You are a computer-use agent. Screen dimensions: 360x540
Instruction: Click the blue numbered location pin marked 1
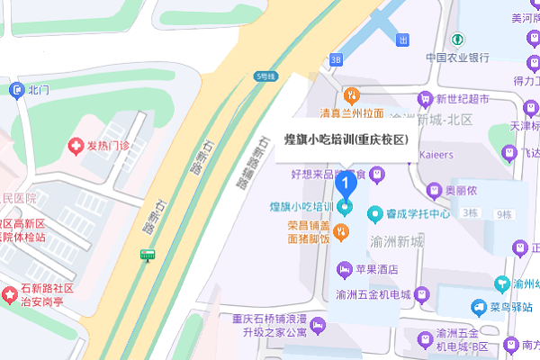[344, 183]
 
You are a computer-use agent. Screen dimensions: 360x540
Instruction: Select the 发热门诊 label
[108, 146]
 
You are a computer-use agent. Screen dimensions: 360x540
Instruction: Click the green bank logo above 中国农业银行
[457, 40]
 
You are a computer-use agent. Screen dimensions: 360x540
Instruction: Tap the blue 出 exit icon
[403, 40]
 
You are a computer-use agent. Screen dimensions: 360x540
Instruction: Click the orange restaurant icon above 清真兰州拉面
[352, 94]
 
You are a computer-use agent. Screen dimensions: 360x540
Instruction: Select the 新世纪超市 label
[463, 99]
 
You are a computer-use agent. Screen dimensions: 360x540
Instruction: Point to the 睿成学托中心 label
[418, 213]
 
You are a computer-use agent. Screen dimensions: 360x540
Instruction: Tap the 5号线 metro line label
[264, 76]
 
